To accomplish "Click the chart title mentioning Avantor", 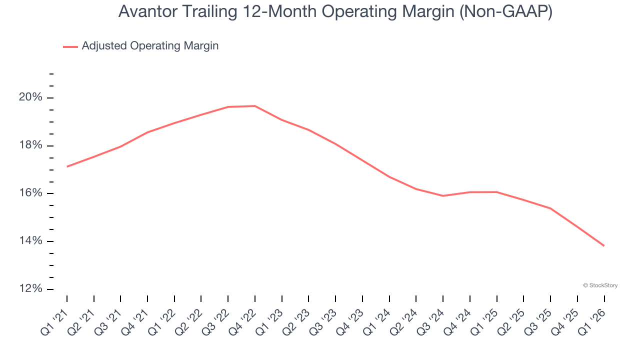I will point(335,12).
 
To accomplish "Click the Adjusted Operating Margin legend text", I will point(150,46).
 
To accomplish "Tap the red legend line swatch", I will point(70,46).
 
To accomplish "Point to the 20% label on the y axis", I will point(30,97).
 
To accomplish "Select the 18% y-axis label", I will point(30,145).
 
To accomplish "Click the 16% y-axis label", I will point(30,193).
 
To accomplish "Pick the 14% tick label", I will point(30,241).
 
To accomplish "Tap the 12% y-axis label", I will point(30,289).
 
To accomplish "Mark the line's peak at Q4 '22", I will point(255,106).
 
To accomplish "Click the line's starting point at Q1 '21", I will point(67,166).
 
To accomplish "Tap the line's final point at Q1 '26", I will point(604,245).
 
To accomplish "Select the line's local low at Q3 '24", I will point(443,195).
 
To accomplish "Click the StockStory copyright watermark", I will point(600,285).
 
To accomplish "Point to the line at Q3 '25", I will point(550,208).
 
